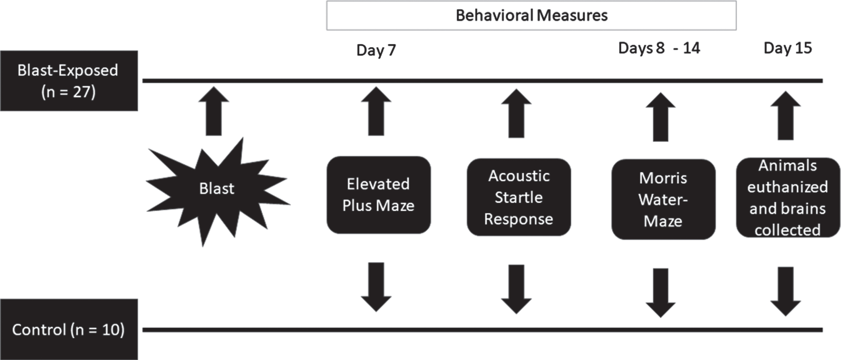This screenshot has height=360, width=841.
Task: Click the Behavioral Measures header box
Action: (531, 16)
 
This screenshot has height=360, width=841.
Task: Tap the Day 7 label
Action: (376, 50)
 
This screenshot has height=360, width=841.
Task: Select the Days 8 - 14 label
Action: (659, 48)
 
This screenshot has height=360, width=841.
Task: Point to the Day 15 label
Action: (788, 48)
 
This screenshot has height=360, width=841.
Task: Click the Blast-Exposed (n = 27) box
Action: (69, 81)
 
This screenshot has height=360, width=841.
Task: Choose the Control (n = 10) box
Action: (69, 329)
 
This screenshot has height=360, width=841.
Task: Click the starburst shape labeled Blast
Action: (218, 192)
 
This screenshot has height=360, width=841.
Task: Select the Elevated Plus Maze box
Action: (378, 195)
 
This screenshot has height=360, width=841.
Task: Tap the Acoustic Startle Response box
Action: (519, 197)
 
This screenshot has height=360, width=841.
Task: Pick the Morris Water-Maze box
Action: (663, 199)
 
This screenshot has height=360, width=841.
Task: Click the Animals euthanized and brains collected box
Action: (788, 197)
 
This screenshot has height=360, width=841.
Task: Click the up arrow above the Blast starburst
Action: (214, 111)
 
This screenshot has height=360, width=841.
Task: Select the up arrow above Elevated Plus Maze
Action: (376, 111)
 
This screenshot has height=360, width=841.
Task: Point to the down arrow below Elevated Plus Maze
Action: (376, 287)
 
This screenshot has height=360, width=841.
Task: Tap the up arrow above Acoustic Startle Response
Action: (517, 113)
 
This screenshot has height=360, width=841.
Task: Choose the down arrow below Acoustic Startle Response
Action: (517, 289)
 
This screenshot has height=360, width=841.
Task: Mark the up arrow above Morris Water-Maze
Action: (661, 117)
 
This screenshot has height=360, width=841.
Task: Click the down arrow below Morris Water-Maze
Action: (661, 293)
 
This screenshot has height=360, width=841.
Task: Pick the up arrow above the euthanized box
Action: (786, 116)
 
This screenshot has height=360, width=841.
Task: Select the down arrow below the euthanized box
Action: (786, 292)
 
